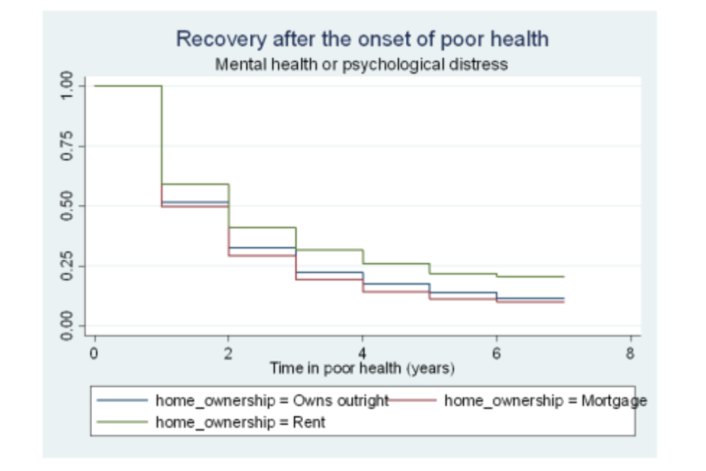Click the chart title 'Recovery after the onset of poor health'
pos(362,39)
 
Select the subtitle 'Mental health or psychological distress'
pos(361,64)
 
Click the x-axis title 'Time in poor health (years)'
pos(362,367)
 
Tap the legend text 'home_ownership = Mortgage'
pos(546,401)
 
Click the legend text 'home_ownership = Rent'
pos(240,422)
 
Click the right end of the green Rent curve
pos(563,277)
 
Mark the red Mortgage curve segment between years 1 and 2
pos(195,207)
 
